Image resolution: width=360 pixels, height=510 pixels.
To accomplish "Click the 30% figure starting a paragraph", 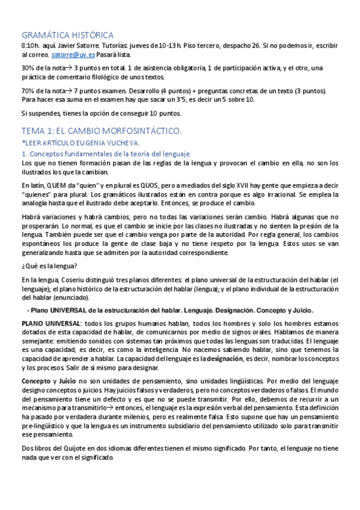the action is (28, 67).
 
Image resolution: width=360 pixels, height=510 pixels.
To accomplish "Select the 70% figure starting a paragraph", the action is (28, 91).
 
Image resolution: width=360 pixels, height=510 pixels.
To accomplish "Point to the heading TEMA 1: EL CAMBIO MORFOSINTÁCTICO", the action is (101, 131).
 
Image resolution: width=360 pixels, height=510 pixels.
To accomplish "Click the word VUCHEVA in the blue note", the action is (123, 143).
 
